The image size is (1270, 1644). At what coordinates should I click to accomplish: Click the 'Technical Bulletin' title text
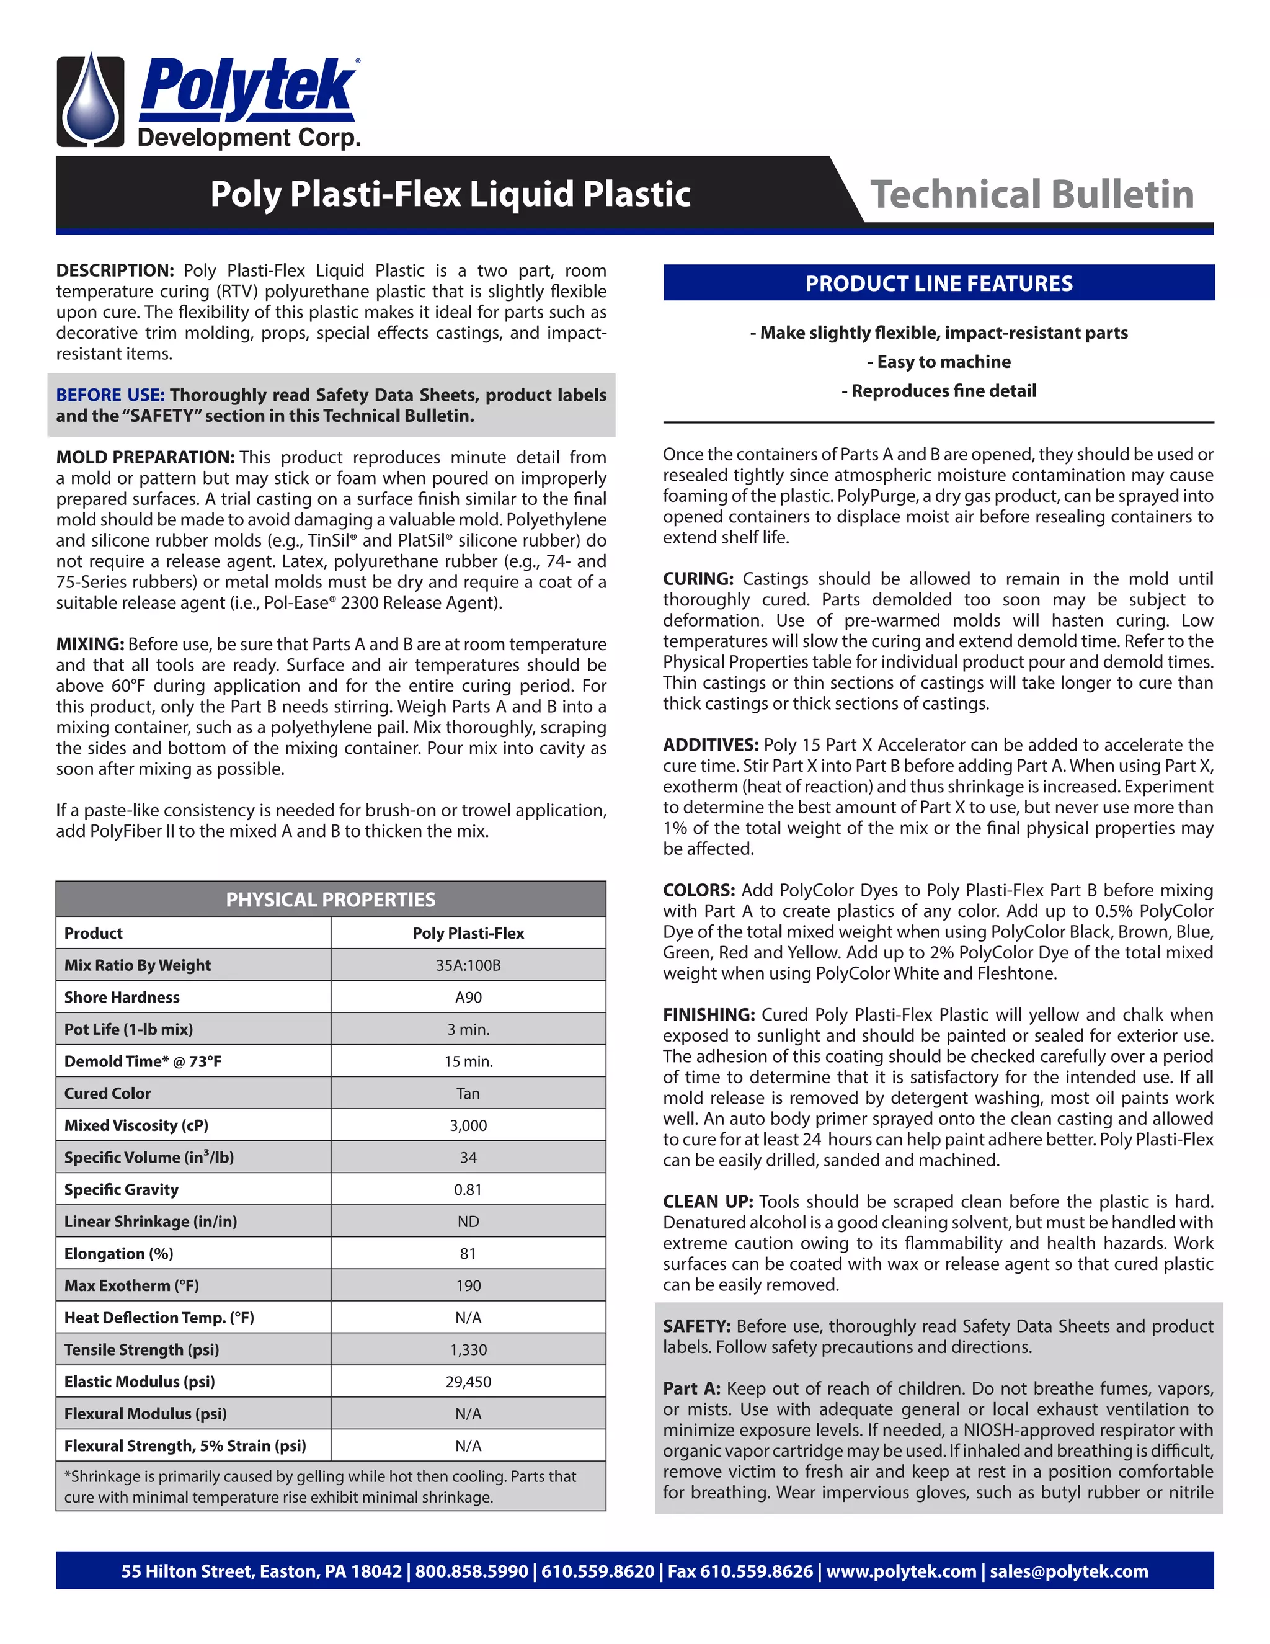(x=1031, y=194)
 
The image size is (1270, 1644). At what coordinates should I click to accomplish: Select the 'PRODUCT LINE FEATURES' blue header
(x=938, y=283)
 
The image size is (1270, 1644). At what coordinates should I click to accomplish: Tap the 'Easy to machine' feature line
(x=938, y=362)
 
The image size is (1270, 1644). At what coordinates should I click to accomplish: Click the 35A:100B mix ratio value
(x=468, y=965)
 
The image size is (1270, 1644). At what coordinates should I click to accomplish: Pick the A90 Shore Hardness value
(x=468, y=998)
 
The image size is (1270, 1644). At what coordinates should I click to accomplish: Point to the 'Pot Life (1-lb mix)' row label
(x=128, y=1029)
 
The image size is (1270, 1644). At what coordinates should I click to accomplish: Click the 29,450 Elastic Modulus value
(x=468, y=1382)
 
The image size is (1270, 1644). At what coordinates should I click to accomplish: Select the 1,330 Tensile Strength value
(x=468, y=1350)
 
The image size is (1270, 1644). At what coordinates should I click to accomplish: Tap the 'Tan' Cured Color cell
(x=468, y=1094)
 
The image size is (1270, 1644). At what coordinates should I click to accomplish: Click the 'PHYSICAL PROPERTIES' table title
(x=331, y=900)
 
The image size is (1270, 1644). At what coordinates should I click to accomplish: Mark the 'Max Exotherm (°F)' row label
(x=131, y=1285)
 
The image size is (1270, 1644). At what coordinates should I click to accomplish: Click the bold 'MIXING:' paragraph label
(x=89, y=645)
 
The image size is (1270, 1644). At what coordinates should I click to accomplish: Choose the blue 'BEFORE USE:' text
(x=110, y=395)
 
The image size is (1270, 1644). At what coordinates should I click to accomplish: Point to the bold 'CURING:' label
(x=698, y=579)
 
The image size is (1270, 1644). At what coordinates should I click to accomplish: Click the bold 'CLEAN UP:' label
(x=707, y=1202)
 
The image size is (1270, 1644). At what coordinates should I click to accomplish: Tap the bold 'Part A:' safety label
(x=691, y=1389)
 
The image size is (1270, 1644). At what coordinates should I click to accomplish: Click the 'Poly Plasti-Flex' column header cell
(x=468, y=934)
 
